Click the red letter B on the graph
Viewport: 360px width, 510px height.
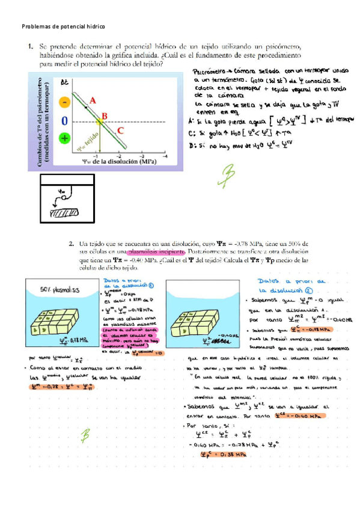pos(104,116)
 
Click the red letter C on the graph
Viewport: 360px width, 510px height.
pos(121,129)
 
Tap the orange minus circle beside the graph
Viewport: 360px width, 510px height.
pos(64,102)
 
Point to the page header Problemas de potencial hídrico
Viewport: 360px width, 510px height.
pos(63,27)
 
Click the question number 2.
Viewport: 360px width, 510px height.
pos(72,244)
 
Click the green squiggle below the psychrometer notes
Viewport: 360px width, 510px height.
pos(228,174)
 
